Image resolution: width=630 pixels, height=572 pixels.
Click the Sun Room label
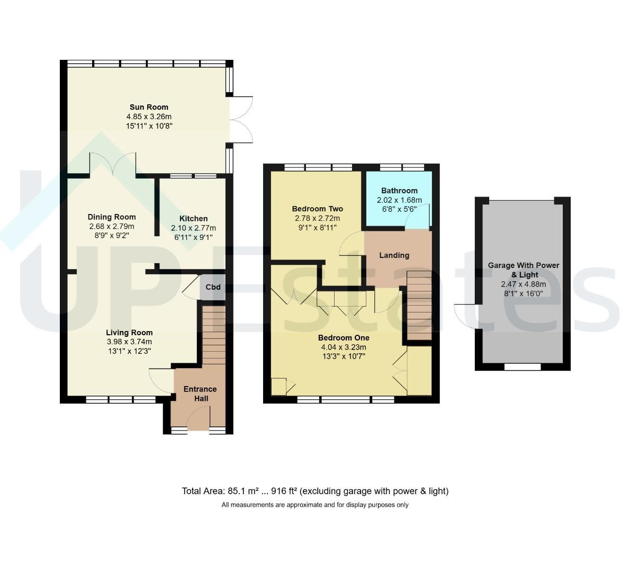click(x=149, y=108)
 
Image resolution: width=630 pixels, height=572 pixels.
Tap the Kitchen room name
click(x=193, y=219)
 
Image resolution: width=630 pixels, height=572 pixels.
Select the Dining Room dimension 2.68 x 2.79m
click(x=112, y=227)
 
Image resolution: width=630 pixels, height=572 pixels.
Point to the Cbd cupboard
click(x=213, y=287)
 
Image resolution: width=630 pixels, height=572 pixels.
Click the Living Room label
click(x=129, y=333)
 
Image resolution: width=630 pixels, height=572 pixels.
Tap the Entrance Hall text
click(x=200, y=394)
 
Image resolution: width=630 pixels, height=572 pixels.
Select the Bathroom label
click(x=399, y=191)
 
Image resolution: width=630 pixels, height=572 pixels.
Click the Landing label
click(x=394, y=255)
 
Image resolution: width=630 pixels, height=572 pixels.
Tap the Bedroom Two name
click(x=318, y=209)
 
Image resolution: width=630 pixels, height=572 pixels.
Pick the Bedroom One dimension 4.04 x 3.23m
click(x=344, y=347)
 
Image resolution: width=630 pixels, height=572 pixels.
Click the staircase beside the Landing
click(x=419, y=306)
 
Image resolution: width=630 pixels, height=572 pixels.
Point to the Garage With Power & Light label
click(x=524, y=270)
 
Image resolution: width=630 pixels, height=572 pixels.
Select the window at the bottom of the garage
click(x=523, y=367)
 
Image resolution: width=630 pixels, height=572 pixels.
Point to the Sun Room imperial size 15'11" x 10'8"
click(x=149, y=126)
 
